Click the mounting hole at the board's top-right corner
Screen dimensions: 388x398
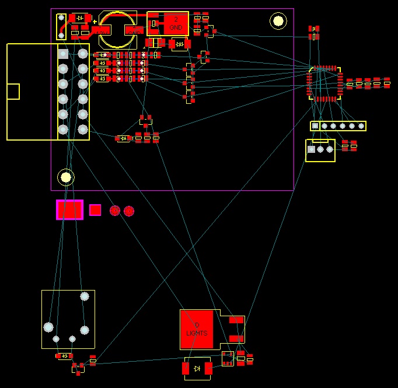click(278, 22)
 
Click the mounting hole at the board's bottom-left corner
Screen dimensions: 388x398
click(66, 177)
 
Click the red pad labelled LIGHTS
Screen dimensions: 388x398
click(197, 328)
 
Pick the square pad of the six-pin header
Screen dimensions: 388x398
click(315, 125)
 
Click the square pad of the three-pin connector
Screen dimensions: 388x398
click(311, 149)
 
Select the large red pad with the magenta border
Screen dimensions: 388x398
click(70, 209)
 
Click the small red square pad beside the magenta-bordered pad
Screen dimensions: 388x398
click(95, 209)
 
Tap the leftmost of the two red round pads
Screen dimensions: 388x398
click(115, 211)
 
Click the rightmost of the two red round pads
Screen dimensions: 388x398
click(129, 211)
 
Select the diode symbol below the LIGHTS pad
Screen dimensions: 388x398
click(197, 368)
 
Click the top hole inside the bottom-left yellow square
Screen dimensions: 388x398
click(85, 296)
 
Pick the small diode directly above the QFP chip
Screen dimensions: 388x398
click(314, 28)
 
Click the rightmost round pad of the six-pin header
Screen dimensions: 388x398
click(361, 125)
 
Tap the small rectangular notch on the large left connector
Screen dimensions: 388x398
click(13, 92)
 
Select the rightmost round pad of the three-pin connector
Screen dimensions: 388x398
click(330, 149)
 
